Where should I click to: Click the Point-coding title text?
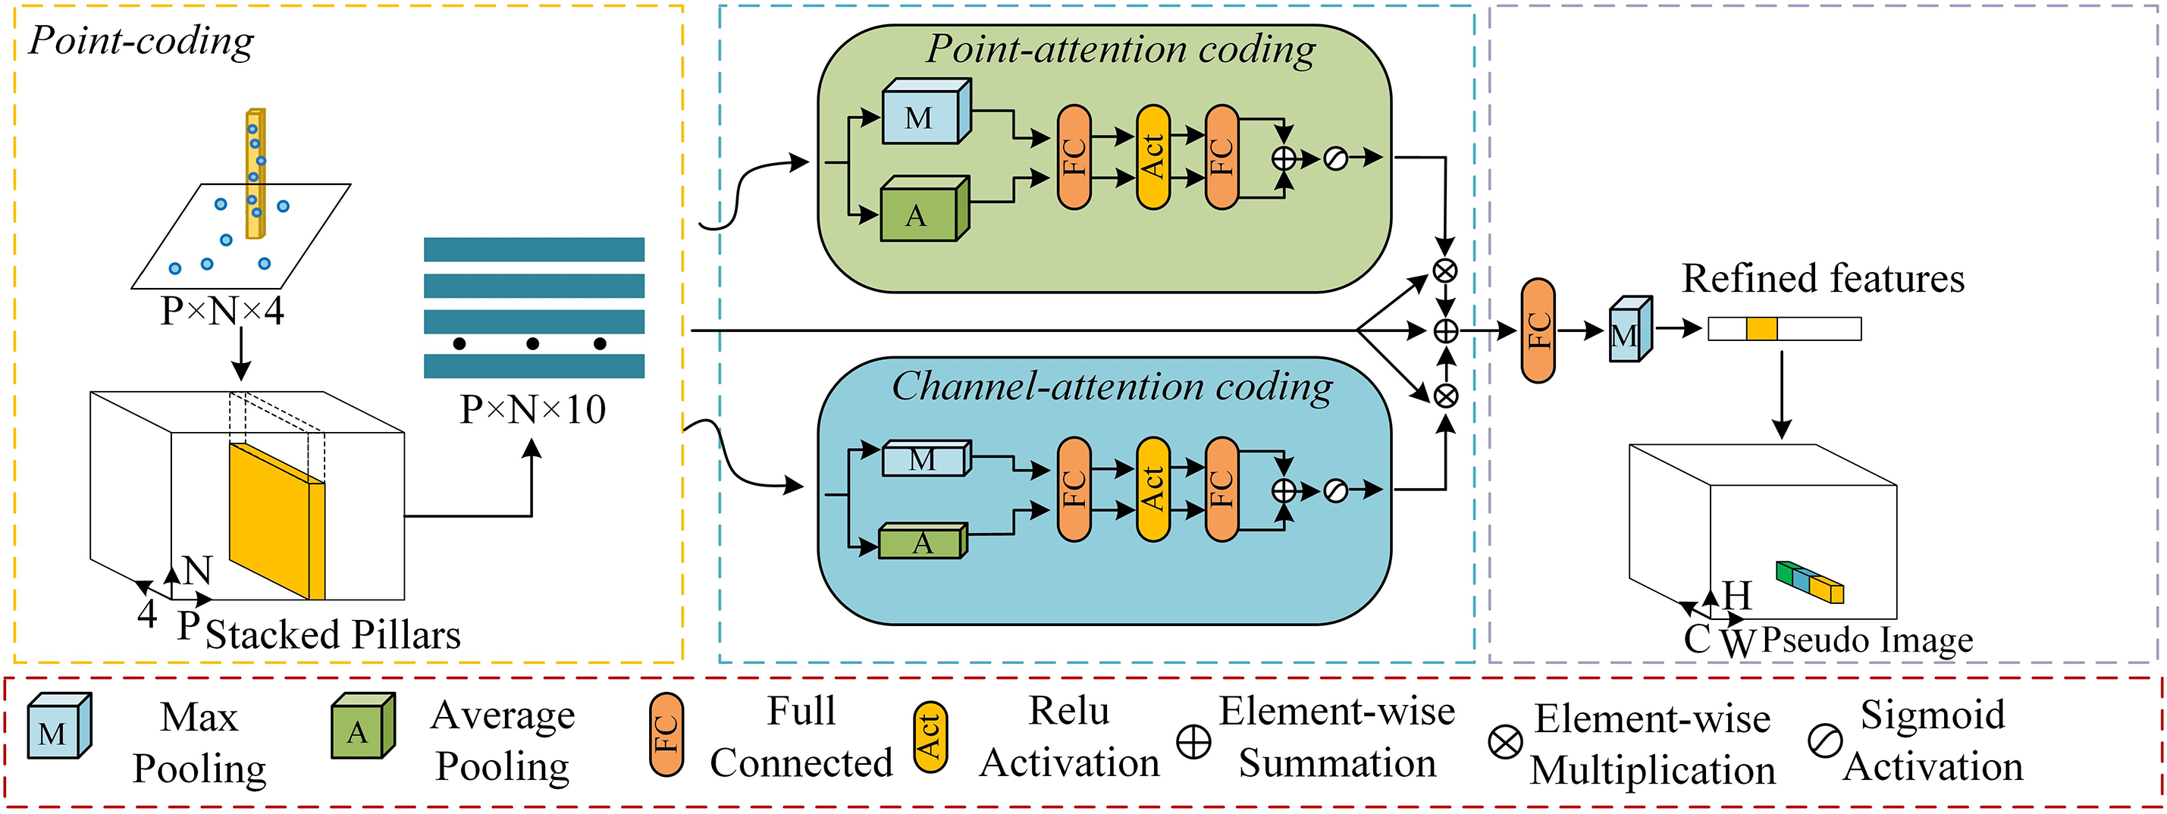click(140, 40)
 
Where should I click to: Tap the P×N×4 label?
click(222, 312)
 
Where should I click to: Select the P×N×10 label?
click(532, 409)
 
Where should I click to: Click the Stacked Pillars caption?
click(332, 635)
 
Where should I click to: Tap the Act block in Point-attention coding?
click(1152, 157)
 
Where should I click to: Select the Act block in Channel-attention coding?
click(1152, 490)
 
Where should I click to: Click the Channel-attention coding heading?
click(1112, 387)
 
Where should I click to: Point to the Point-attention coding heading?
click(1121, 49)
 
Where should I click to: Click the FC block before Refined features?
click(1538, 330)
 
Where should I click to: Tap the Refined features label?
click(1823, 278)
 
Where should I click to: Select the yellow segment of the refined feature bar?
click(1761, 329)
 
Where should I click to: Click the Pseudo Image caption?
click(1867, 640)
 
